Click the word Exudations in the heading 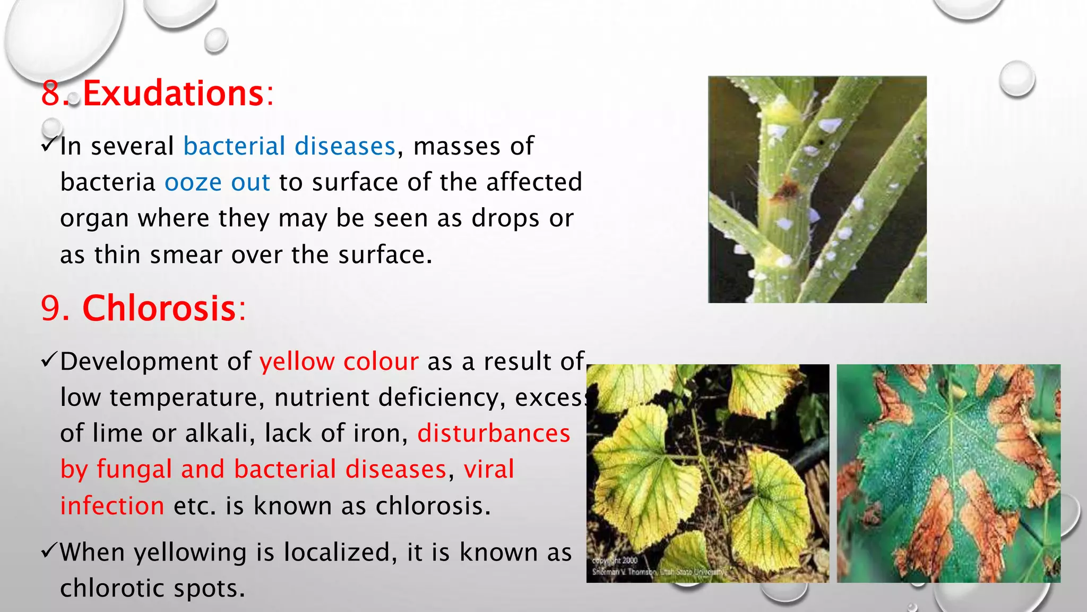click(173, 93)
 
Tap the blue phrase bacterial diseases click(289, 146)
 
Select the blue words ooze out click(217, 182)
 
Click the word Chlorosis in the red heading click(159, 308)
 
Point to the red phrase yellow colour click(339, 362)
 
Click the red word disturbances click(494, 433)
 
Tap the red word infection click(112, 506)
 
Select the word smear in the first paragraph click(186, 255)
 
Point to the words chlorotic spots click(152, 589)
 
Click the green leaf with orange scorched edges click(948, 473)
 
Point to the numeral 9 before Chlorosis click(51, 308)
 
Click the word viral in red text click(488, 470)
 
